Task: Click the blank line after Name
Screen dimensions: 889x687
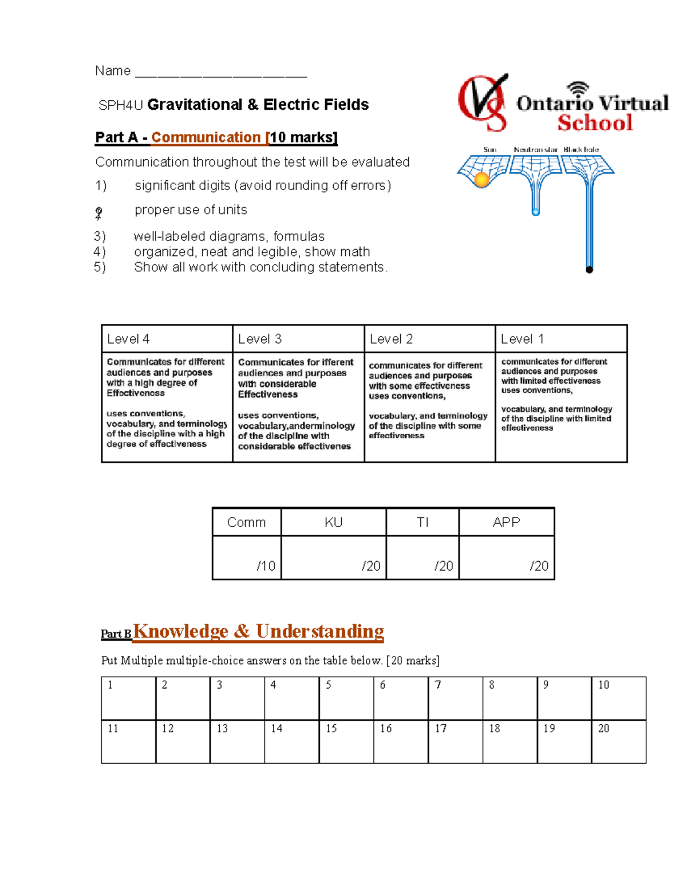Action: pos(221,73)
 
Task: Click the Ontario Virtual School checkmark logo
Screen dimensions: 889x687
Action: pos(483,102)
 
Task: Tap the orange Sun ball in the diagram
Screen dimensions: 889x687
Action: pos(482,180)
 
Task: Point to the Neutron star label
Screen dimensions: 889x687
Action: pos(535,149)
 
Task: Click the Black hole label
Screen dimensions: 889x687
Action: pos(581,149)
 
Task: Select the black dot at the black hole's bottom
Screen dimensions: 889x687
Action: pos(589,270)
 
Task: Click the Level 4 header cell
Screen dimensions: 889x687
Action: pos(167,339)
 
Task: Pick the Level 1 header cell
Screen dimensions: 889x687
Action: pos(560,339)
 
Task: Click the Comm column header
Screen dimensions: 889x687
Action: pos(246,522)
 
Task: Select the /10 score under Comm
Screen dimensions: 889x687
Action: pos(266,566)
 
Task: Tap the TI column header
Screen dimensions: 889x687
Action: pos(423,522)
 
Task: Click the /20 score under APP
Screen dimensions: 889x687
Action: pos(539,566)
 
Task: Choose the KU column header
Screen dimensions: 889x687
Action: pos(333,522)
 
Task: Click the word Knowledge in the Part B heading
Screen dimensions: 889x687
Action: pos(181,631)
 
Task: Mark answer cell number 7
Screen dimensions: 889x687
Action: pos(455,698)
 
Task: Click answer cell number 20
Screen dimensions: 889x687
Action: pos(618,742)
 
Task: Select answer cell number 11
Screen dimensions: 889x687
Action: pos(128,742)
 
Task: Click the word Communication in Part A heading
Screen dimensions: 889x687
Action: pos(206,137)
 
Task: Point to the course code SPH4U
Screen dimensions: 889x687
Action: pos(120,105)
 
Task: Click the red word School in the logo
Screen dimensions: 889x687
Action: pos(595,123)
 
